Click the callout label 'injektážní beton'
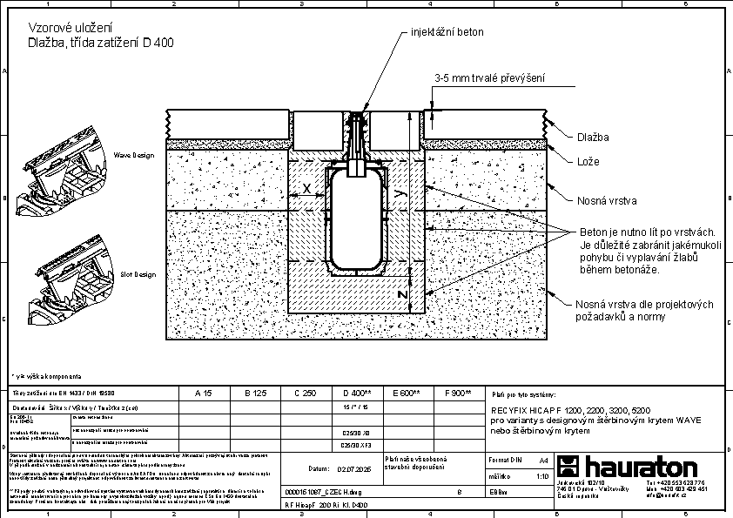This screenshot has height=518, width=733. [x=447, y=32]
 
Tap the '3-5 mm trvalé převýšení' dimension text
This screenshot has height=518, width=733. [x=489, y=79]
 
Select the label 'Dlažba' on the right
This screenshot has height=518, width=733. [x=593, y=138]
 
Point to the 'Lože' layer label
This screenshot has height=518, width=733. [x=588, y=162]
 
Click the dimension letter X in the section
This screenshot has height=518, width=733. [x=306, y=188]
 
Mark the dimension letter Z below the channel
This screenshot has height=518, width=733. [x=400, y=294]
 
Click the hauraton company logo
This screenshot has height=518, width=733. [x=626, y=465]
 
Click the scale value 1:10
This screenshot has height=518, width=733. [x=541, y=476]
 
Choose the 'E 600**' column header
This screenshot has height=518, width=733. [x=407, y=394]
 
